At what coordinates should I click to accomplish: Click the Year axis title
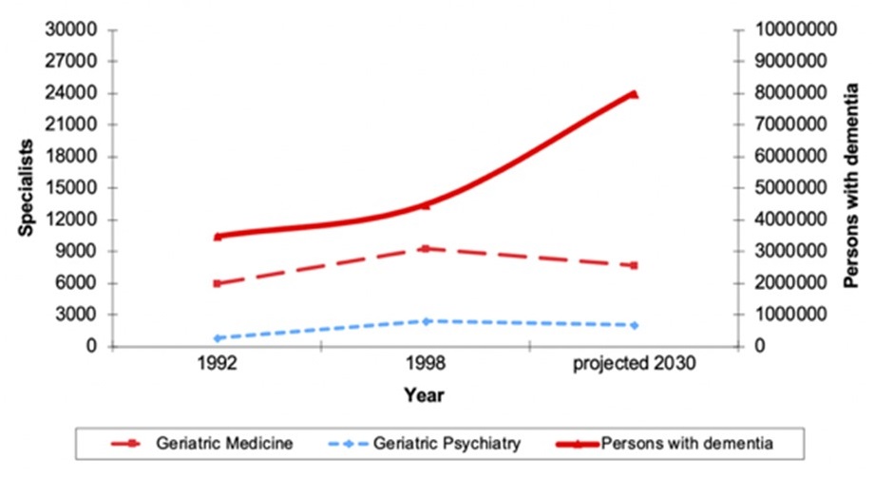click(423, 393)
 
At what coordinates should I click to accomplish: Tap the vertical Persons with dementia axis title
click(850, 187)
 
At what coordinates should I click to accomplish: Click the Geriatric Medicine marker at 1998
click(426, 248)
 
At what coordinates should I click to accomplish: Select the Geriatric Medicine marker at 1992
click(218, 283)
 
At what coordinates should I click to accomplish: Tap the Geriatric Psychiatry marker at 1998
click(426, 321)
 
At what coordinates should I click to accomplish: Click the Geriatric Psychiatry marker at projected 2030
click(634, 325)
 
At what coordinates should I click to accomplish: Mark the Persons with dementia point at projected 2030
click(634, 94)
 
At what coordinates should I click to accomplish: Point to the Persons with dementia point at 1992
click(218, 236)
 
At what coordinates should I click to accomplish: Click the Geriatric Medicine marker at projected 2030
click(634, 265)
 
